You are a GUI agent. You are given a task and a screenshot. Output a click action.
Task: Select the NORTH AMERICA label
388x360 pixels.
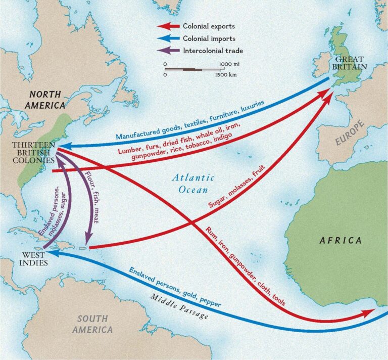coord(47,100)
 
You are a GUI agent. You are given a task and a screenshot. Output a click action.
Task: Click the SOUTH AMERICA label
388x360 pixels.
coord(92,324)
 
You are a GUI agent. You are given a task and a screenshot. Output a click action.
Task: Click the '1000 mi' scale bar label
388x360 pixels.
coord(229,64)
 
